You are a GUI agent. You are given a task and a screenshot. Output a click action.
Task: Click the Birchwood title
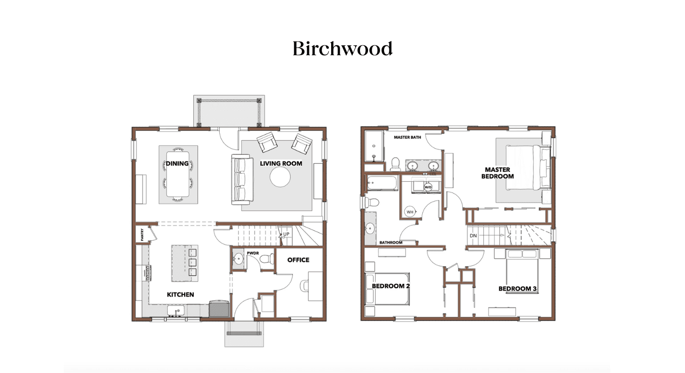tap(342, 49)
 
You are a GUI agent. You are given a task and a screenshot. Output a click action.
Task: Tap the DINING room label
tap(177, 164)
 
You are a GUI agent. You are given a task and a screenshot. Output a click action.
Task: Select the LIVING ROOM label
tap(281, 163)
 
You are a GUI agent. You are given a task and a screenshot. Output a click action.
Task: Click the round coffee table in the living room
tap(280, 178)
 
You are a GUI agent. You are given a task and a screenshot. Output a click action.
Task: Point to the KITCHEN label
tap(180, 295)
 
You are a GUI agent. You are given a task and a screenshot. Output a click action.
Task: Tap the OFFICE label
tap(298, 260)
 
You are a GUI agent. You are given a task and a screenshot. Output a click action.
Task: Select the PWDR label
tap(253, 254)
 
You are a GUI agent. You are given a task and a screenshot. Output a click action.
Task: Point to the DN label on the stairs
tap(473, 235)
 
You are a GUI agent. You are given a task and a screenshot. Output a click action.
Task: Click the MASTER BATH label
tap(407, 138)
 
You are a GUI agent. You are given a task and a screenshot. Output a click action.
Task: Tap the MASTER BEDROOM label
tap(497, 173)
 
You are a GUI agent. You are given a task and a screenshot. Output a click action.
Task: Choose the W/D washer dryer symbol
tap(428, 187)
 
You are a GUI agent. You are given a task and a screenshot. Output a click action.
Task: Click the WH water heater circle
tap(410, 212)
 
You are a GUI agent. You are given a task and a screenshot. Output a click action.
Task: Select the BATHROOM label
tap(391, 243)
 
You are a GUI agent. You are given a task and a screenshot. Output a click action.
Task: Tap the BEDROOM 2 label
tap(390, 286)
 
